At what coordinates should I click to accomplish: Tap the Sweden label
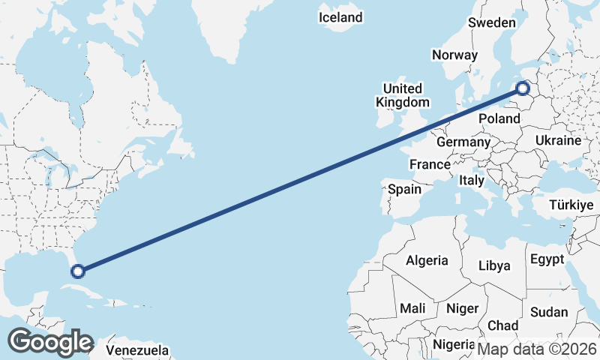pos(492,22)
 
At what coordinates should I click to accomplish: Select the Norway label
pos(454,55)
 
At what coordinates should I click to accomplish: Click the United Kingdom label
pos(403,94)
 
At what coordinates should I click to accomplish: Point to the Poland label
pos(499,118)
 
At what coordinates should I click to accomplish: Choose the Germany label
pos(463,142)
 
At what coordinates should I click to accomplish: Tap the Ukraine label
pos(559,140)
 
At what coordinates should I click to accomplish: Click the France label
pos(430,164)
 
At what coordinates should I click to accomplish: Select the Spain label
pos(404,190)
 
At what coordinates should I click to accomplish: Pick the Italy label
pos(472,181)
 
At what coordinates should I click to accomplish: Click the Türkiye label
pos(571,205)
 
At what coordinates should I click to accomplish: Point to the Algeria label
pos(427,261)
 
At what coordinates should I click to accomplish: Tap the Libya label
pos(494,265)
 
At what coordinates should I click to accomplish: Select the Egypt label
pos(547,259)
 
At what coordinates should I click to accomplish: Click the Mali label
pos(412,307)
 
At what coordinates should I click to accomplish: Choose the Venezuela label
pos(137,350)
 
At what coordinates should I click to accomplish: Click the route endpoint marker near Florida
pos(76,271)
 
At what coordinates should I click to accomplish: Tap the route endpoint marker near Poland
pos(523,91)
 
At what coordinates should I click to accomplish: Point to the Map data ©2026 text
pos(537,349)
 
